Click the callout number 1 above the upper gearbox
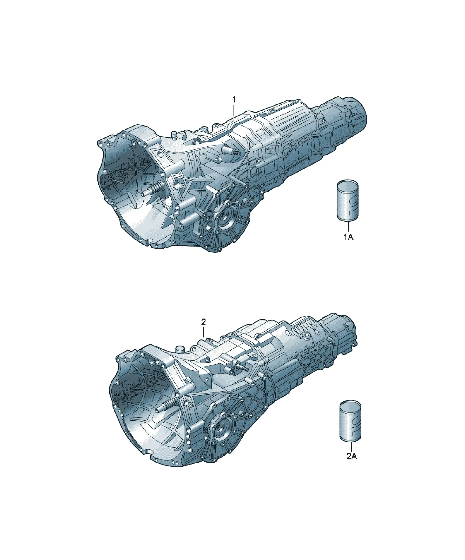[234, 100]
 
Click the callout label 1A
[348, 237]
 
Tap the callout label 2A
[352, 456]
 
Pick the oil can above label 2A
[350, 423]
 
